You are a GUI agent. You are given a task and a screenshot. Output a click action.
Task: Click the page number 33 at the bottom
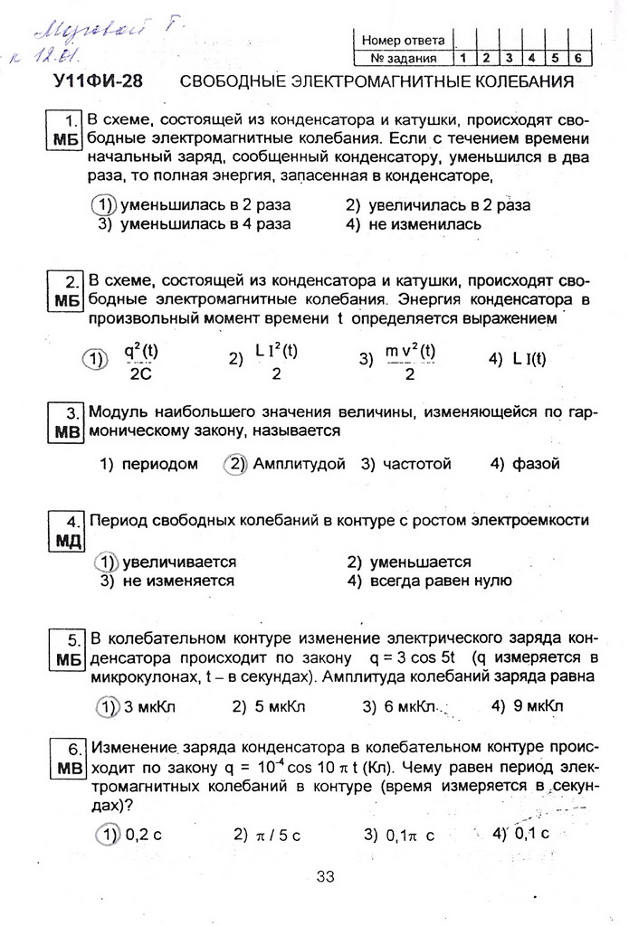pos(326,875)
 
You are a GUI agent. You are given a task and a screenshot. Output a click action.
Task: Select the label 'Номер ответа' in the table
pos(403,40)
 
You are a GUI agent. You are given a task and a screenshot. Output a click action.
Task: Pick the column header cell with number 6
pos(576,59)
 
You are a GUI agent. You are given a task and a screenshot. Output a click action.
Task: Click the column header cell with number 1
pos(462,59)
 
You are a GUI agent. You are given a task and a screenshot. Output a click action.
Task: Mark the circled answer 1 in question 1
pos(107,204)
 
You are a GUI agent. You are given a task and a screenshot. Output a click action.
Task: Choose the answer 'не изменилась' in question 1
pos(424,223)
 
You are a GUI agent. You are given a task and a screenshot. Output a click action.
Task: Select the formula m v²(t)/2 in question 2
pos(410,360)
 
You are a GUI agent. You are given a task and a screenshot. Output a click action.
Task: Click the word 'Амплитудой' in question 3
pos(299,464)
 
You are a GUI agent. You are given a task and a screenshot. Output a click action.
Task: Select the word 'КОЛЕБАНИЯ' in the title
pos(519,82)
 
